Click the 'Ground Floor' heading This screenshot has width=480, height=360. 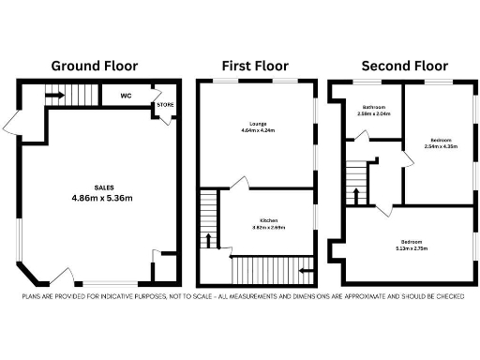coord(94,66)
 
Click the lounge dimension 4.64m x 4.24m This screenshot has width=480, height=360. coord(260,131)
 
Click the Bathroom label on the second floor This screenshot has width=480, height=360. coord(375,107)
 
